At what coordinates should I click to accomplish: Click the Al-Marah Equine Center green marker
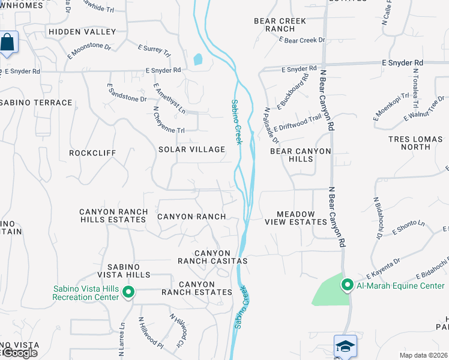point(347,285)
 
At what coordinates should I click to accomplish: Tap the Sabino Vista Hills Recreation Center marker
point(128,293)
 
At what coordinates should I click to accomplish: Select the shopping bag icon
point(7,43)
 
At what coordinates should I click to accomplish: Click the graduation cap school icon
point(345,346)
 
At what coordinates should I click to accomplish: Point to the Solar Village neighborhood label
point(191,149)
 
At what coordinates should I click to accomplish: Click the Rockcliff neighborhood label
point(92,153)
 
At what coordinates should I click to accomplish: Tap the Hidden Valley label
point(82,31)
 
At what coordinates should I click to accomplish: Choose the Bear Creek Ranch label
point(280,25)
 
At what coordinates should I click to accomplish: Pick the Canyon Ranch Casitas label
point(212,257)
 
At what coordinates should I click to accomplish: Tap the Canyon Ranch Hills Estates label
point(113,216)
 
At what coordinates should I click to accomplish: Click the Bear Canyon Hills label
point(300,155)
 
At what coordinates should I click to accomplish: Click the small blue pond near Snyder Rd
point(198,59)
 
